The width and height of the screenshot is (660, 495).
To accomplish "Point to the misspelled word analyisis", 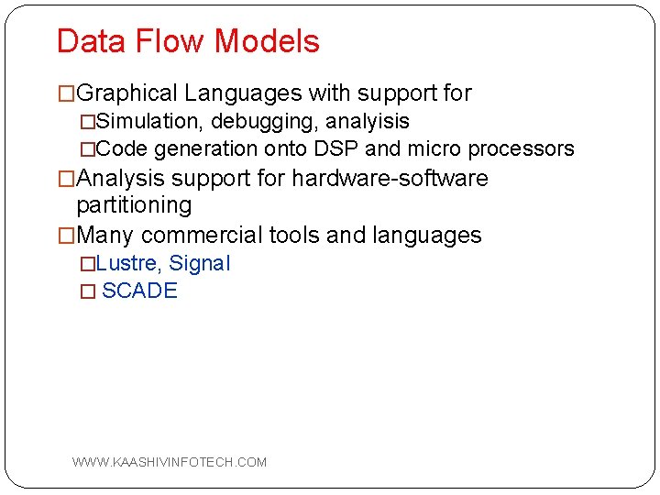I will pyautogui.click(x=364, y=121).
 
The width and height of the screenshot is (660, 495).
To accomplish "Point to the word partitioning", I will pyautogui.click(x=134, y=204).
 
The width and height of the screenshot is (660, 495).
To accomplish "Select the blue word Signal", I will pyautogui.click(x=200, y=263).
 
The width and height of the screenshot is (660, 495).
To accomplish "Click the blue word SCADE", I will pyautogui.click(x=139, y=291).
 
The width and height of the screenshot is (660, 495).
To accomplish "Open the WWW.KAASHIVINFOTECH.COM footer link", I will pyautogui.click(x=170, y=462).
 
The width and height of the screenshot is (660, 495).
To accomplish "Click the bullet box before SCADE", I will pyautogui.click(x=87, y=291).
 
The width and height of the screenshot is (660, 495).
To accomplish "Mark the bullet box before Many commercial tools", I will pyautogui.click(x=66, y=236).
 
